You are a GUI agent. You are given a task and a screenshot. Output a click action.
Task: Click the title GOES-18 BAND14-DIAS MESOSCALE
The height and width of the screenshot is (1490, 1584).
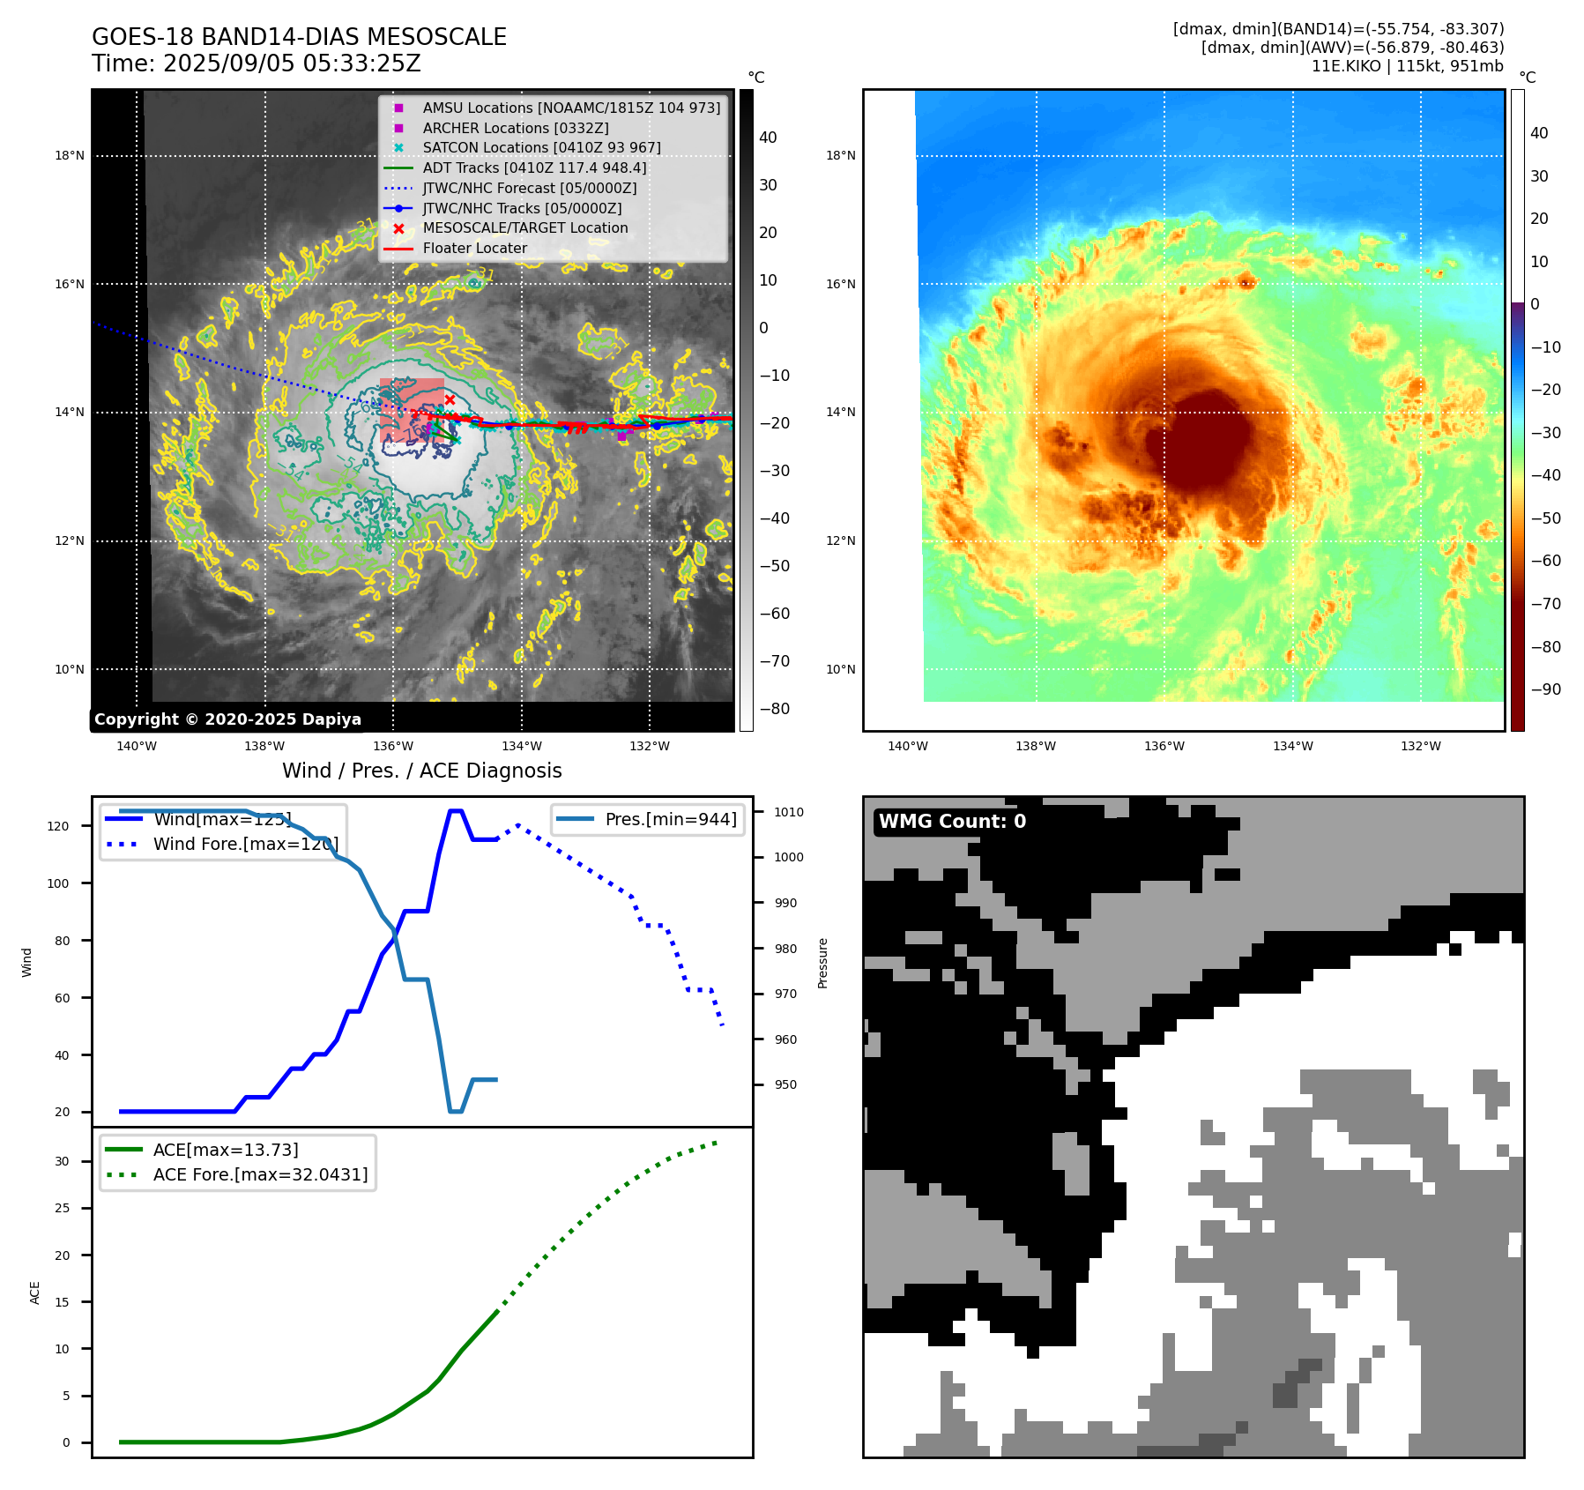(x=299, y=37)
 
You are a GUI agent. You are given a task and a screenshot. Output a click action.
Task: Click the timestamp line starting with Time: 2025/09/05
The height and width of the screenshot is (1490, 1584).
(x=256, y=63)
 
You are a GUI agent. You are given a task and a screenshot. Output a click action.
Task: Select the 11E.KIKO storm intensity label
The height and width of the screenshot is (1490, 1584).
(x=1407, y=66)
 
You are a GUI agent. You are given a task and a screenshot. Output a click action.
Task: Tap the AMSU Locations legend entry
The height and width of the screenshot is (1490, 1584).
(x=570, y=108)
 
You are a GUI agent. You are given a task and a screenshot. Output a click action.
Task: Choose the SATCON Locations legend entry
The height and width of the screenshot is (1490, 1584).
(x=541, y=147)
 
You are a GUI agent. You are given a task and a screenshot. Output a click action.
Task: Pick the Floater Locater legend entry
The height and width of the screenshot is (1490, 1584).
(x=474, y=248)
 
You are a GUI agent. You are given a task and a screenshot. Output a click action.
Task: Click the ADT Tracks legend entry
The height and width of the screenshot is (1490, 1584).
(x=534, y=168)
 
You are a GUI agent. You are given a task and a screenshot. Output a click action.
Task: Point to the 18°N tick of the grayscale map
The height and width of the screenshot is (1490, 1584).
(x=70, y=156)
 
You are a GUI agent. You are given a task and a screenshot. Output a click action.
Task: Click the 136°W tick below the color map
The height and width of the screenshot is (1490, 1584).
(x=1164, y=746)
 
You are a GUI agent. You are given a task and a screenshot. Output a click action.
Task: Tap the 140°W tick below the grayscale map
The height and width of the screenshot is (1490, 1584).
(x=136, y=746)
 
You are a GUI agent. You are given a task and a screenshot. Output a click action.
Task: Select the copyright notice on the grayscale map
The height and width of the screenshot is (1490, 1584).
(x=227, y=719)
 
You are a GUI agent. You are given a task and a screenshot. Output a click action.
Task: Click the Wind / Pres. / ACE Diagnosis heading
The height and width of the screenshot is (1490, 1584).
(x=421, y=771)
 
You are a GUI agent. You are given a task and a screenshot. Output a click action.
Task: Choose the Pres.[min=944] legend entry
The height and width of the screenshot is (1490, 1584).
(x=670, y=819)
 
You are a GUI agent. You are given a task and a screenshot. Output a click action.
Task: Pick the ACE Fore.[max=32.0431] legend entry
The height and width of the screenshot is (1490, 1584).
(x=260, y=1174)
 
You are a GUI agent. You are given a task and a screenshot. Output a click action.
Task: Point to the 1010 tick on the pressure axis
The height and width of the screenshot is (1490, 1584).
(x=789, y=812)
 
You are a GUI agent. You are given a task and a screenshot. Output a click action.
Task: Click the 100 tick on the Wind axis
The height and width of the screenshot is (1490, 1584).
(x=58, y=883)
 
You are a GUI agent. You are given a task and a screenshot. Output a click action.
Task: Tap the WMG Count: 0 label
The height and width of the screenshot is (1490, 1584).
(x=952, y=822)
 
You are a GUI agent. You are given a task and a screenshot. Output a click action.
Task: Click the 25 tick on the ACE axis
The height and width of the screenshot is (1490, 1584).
(x=62, y=1208)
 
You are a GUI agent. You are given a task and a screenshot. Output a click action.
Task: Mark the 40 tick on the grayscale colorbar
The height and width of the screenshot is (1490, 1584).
(x=768, y=138)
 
